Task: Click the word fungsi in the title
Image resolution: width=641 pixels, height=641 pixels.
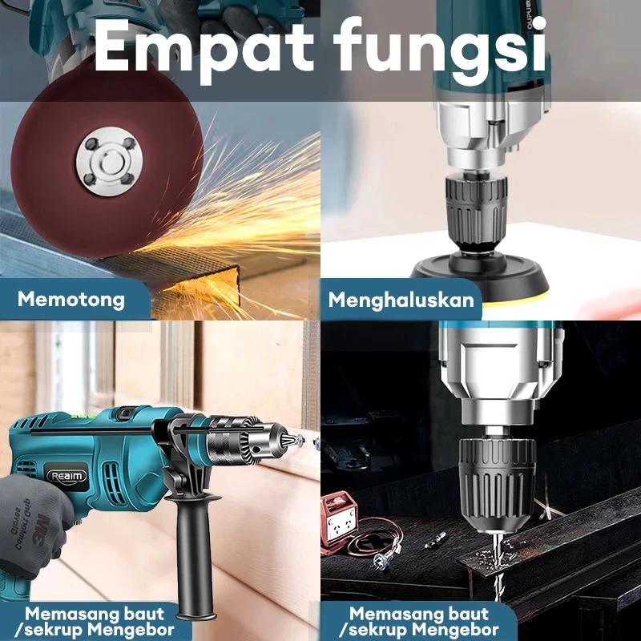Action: coord(441,48)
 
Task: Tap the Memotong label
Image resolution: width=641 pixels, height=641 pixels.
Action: coord(71,300)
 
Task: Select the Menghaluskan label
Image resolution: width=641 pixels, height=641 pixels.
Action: coord(401,301)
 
